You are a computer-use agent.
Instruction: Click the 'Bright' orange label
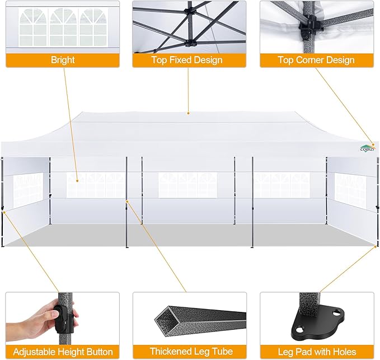click(x=63, y=60)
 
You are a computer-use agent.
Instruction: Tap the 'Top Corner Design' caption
click(x=316, y=60)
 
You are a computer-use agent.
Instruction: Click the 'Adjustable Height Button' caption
click(x=63, y=352)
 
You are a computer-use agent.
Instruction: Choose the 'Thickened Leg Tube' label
click(x=189, y=352)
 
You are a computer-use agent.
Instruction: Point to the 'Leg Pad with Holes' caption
click(x=316, y=352)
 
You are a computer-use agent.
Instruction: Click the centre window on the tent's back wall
click(x=187, y=185)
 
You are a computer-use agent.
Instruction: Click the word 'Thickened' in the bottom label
click(x=167, y=352)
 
